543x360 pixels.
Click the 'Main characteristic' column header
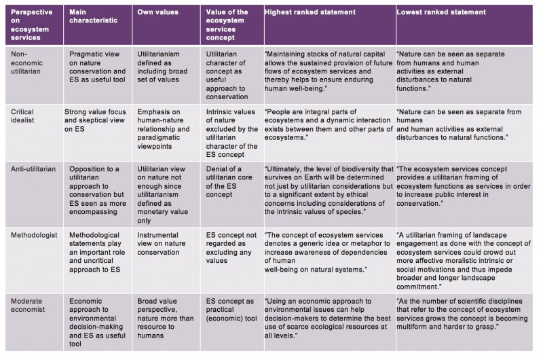click(93, 16)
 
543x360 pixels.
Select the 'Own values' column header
click(157, 12)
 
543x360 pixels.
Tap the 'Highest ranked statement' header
click(310, 12)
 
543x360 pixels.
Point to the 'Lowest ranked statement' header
click(441, 12)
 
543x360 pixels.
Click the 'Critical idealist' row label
click(22, 116)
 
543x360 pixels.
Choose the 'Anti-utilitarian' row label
click(33, 169)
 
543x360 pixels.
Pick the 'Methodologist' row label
click(34, 235)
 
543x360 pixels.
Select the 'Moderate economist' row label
click(28, 305)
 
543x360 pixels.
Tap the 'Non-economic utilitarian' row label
click(26, 62)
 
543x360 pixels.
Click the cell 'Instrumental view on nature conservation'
click(162, 244)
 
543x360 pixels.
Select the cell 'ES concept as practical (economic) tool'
click(231, 310)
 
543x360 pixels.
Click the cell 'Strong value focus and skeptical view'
click(95, 120)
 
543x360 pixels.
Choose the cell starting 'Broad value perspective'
click(166, 318)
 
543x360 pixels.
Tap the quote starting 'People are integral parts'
click(329, 125)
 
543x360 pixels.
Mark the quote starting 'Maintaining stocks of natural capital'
click(329, 71)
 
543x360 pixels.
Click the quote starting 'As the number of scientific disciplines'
click(462, 314)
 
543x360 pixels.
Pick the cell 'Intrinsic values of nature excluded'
click(231, 133)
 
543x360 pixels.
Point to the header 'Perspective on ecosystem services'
click(31, 24)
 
